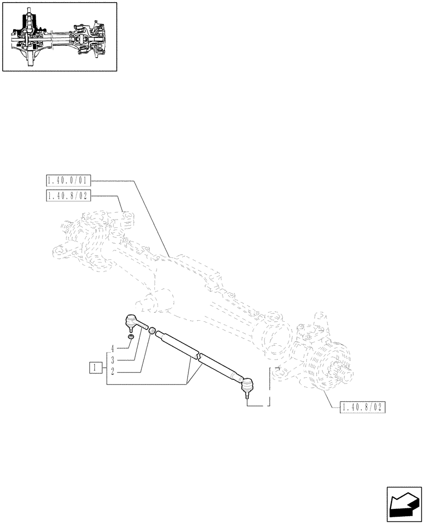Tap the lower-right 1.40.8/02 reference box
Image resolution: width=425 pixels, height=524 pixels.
362,408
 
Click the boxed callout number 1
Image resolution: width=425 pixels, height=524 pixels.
95,368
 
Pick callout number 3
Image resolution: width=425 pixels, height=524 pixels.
112,361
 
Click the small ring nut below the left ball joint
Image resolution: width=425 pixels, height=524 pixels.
131,336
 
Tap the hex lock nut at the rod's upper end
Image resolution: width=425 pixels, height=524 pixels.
152,331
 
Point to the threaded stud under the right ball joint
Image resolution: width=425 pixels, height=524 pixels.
245,397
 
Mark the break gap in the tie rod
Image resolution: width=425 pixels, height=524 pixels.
197,357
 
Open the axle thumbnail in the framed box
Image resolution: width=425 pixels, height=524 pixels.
59,36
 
